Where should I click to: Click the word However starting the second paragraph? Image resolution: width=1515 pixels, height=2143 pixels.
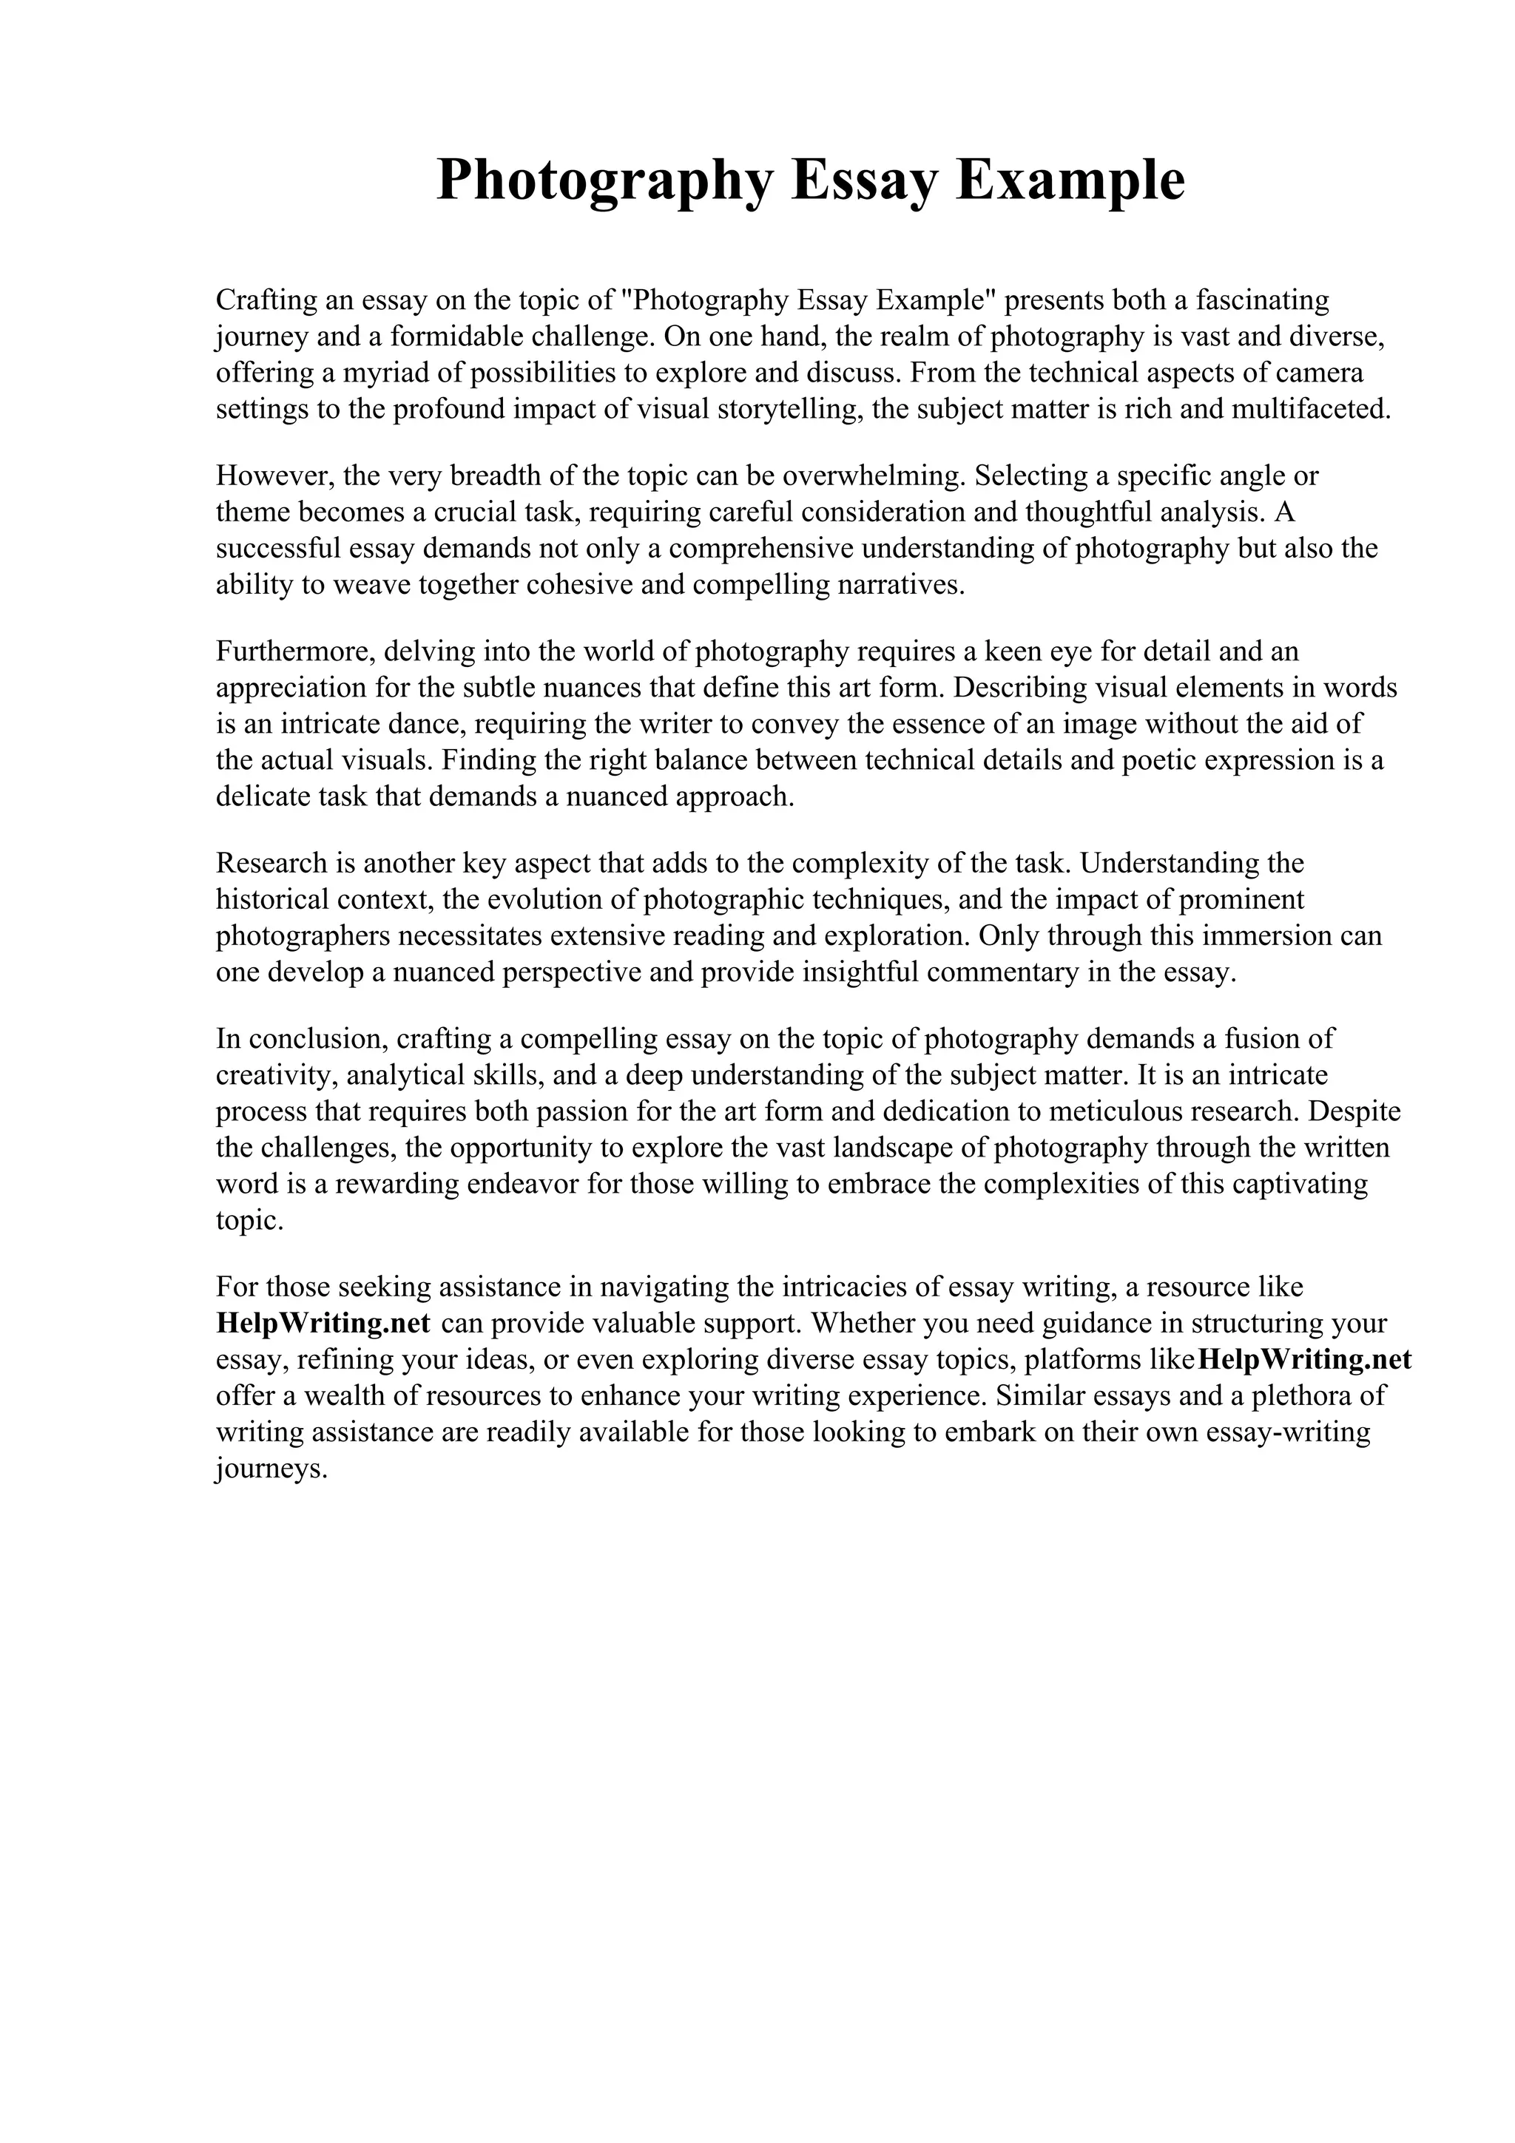pos(275,476)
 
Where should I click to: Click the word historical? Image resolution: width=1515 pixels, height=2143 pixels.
pos(271,898)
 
